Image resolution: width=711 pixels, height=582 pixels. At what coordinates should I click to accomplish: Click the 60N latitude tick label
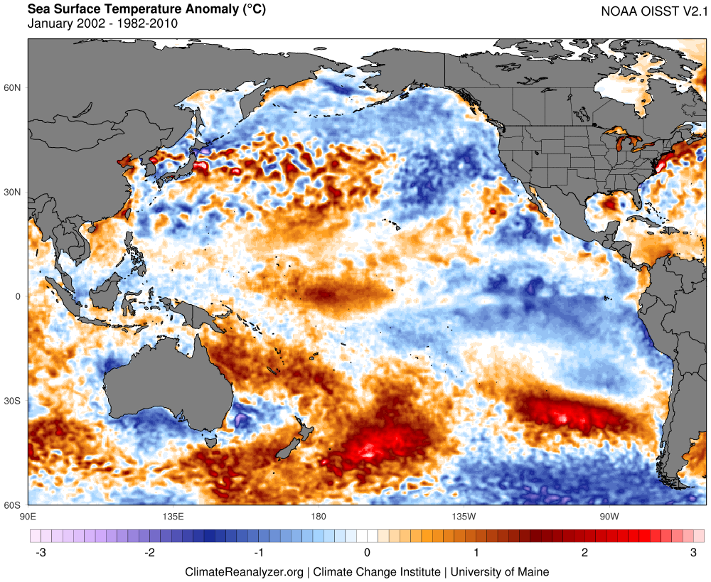click(x=14, y=87)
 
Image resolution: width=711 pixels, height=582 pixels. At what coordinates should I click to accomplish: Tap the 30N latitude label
click(x=14, y=192)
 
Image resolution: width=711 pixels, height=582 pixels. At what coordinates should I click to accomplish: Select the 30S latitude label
click(x=14, y=401)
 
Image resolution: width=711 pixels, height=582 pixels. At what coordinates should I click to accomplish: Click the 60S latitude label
click(x=14, y=505)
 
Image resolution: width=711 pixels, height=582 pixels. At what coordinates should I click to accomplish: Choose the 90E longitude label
click(x=28, y=515)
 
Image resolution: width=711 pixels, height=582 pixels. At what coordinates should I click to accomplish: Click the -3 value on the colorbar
click(x=37, y=552)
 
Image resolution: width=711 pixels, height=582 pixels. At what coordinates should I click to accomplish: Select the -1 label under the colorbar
click(x=258, y=552)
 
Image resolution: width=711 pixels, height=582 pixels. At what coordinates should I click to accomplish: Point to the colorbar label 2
click(x=584, y=552)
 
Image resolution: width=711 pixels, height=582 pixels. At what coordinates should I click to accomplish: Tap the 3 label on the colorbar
click(x=694, y=552)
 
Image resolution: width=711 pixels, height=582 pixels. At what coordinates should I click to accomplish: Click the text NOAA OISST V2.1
click(x=651, y=11)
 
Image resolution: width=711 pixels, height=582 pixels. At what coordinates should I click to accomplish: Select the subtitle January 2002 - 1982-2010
click(x=102, y=23)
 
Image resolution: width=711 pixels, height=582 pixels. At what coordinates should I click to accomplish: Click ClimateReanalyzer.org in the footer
click(x=245, y=571)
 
